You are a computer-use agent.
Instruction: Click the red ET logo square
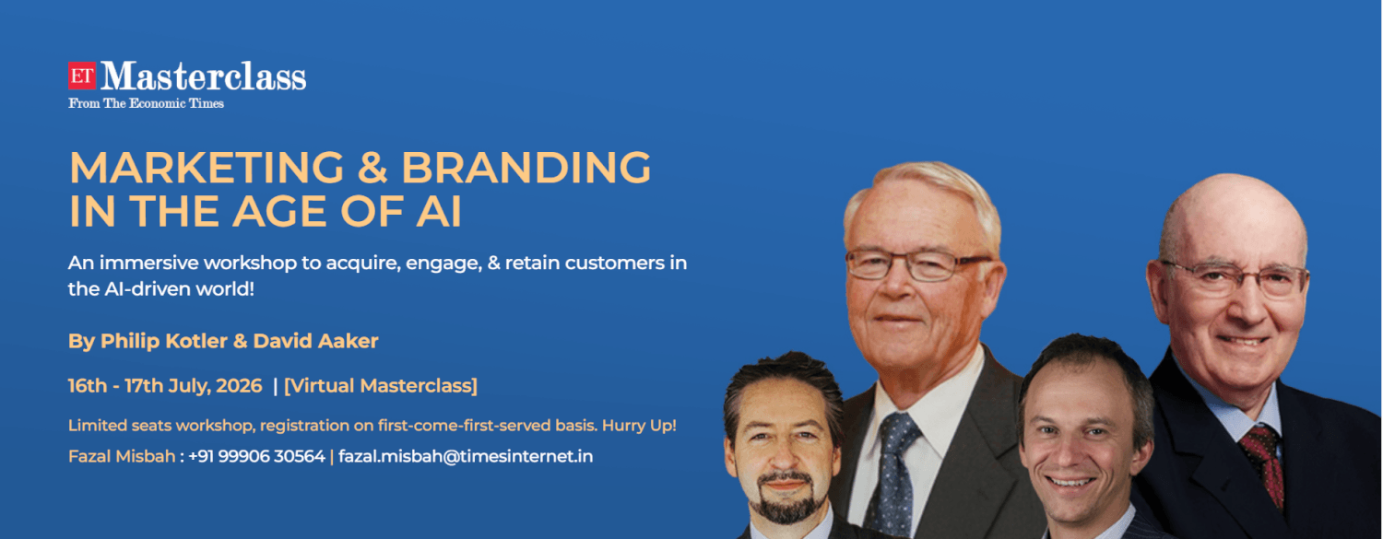point(82,76)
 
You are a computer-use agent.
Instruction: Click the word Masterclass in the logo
point(203,76)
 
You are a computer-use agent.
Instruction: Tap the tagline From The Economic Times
point(147,103)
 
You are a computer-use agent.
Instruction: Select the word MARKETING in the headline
point(207,168)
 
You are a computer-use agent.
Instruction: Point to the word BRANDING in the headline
point(526,168)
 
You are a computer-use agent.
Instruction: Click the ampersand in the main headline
point(372,168)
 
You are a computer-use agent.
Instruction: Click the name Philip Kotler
point(164,341)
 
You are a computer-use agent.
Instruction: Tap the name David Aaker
point(315,341)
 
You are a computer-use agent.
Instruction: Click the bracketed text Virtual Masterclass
point(380,386)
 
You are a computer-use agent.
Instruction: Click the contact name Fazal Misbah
point(122,456)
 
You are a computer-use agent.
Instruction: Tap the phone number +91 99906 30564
point(256,456)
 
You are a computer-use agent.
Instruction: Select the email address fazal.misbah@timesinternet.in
point(466,456)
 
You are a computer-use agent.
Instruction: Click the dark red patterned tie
point(1266,463)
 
